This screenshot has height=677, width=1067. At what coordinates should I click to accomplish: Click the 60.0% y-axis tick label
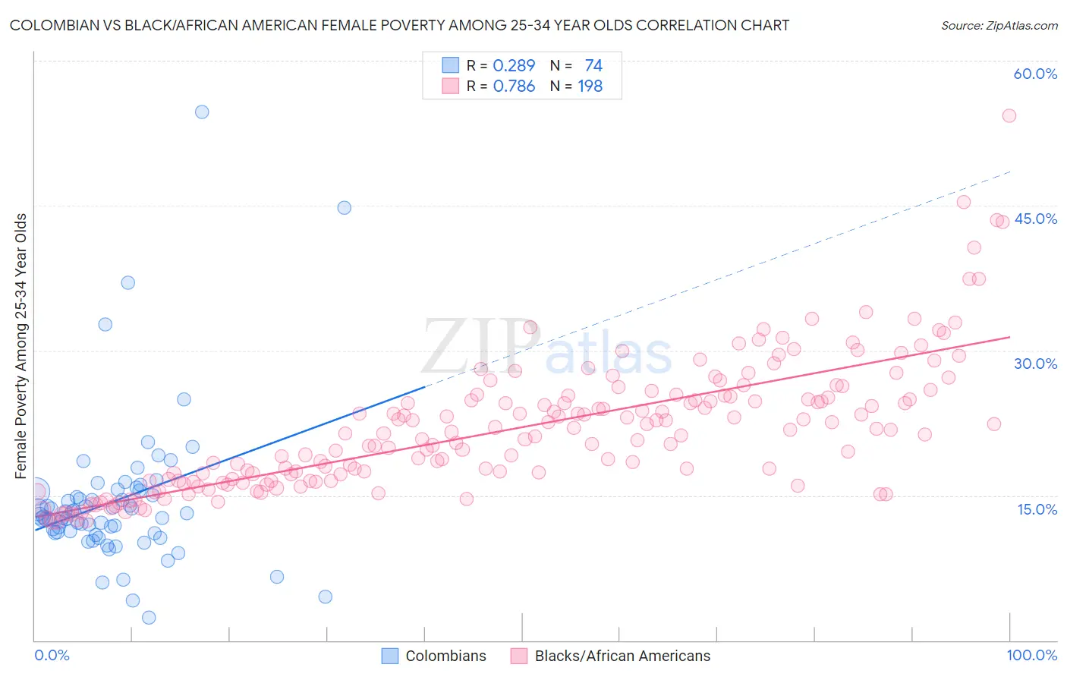coord(1035,74)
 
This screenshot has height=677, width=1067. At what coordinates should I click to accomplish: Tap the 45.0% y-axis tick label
coord(1035,219)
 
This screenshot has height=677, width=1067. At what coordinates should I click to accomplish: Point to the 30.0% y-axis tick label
coord(1035,364)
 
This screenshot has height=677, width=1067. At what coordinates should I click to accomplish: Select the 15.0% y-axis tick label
coord(1037,509)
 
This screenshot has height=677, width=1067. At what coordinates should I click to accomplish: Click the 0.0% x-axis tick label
coord(52,655)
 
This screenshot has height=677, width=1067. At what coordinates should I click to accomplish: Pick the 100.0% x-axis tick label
coord(1031,655)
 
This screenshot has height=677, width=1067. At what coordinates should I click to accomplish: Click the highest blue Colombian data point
coord(202,112)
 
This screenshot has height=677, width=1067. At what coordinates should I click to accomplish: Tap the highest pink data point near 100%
coord(1009,115)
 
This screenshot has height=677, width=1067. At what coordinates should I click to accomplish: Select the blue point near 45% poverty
coord(344,207)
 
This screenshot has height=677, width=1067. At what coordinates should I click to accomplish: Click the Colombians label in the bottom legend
coord(445,656)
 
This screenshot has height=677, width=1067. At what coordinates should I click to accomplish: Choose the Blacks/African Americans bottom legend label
coord(622,656)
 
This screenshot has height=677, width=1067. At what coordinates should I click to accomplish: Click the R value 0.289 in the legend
coord(514,65)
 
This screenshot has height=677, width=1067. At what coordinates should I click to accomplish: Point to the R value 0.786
coord(514,87)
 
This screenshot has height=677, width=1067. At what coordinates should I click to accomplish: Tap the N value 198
coord(590,87)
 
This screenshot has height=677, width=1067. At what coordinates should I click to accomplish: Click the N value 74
coord(593,65)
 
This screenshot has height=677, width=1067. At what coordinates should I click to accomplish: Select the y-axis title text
coord(21,346)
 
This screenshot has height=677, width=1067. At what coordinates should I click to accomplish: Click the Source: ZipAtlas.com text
coord(999,25)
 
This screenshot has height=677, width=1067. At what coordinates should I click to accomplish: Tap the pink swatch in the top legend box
coord(451,87)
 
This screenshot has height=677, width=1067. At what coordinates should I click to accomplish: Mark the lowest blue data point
coord(149,618)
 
